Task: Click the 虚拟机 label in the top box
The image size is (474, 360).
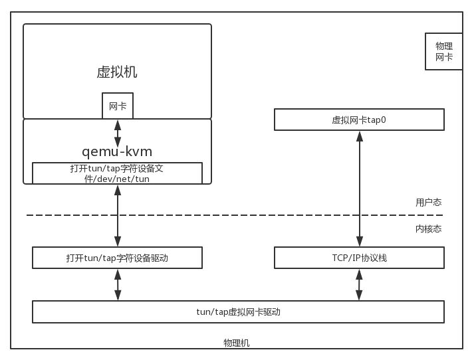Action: [x=117, y=72]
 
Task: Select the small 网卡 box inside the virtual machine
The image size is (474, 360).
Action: [x=118, y=106]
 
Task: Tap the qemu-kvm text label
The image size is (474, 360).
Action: [x=117, y=151]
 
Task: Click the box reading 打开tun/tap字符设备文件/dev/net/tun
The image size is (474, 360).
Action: [x=117, y=173]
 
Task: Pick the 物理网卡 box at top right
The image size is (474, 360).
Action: [x=443, y=52]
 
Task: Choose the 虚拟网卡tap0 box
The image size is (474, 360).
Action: [x=359, y=120]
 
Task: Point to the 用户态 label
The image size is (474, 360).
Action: [x=428, y=202]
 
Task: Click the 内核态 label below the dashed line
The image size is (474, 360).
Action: [x=428, y=228]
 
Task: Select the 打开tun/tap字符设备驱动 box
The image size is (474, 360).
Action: [x=117, y=258]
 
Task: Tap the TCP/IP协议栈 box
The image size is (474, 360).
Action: [x=359, y=258]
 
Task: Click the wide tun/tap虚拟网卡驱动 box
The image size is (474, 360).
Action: [x=238, y=312]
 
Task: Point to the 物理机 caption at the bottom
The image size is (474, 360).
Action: [x=237, y=343]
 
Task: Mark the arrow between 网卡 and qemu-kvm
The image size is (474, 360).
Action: [x=118, y=133]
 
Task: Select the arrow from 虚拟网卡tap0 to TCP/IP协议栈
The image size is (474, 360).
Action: [x=360, y=189]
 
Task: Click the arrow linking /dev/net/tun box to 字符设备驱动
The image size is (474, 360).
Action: [x=118, y=216]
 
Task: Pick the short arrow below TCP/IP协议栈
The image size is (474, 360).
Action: [x=360, y=284]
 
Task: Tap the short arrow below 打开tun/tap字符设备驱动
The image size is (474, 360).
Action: [x=118, y=284]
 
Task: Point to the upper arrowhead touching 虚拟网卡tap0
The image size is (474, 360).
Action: [x=360, y=135]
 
